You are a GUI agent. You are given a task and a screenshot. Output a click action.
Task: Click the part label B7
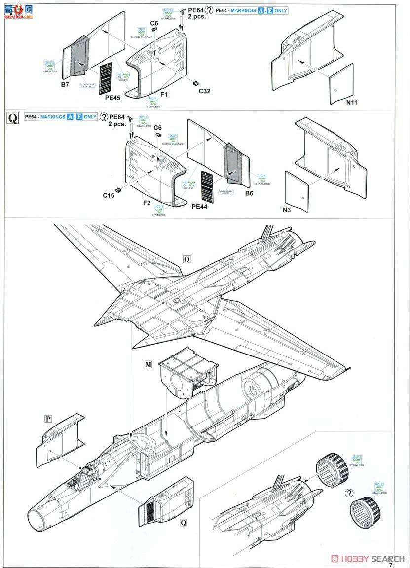point(65,85)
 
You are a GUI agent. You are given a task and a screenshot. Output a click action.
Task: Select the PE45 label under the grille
point(113,98)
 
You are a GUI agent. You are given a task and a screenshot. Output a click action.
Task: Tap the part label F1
point(164,94)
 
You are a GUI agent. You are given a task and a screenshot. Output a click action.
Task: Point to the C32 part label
point(204,91)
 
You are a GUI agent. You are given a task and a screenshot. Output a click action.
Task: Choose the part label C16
point(109,195)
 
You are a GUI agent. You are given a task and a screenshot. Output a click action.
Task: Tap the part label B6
point(249,193)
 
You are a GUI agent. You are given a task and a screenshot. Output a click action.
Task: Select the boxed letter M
point(148,364)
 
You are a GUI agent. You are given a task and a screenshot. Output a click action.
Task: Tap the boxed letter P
point(48,419)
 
